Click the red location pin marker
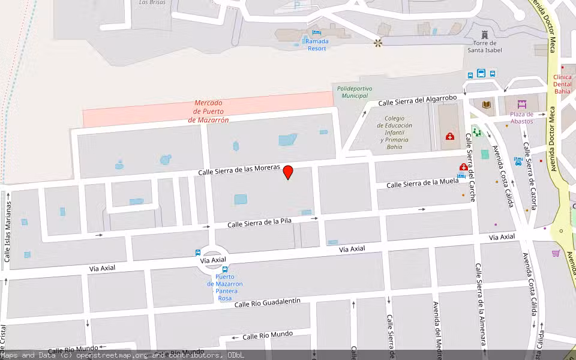pos(288,172)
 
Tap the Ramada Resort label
pos(317,44)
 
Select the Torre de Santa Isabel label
pos(485,46)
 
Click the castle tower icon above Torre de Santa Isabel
pos(485,32)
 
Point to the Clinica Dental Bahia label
pos(562,84)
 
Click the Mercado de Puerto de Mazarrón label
pos(208,111)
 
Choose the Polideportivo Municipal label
pos(354,92)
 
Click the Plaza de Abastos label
pos(521,118)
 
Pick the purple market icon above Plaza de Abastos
pos(521,104)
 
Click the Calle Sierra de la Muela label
pos(422,182)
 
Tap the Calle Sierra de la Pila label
pos(259,223)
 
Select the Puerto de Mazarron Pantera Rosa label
pos(225,287)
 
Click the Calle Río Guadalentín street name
pos(268,302)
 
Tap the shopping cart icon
pos(556,253)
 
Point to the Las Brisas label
pos(152,2)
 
